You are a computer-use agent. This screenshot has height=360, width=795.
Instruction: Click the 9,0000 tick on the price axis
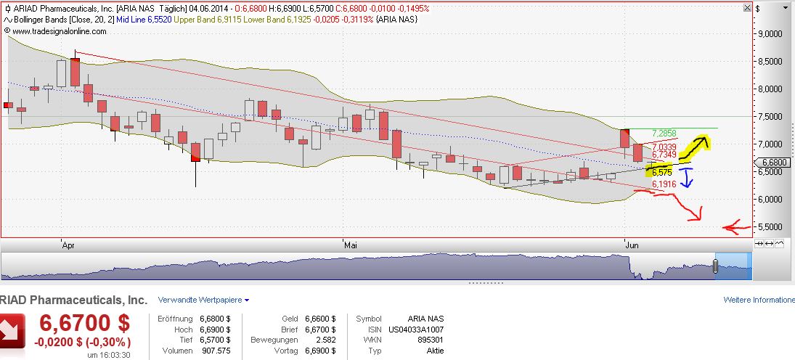tap(770, 33)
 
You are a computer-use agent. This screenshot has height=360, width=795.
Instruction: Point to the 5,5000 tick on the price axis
tap(770, 226)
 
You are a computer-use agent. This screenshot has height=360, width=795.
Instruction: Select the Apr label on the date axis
tap(68, 245)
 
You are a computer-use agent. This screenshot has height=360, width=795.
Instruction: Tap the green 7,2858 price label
tap(664, 134)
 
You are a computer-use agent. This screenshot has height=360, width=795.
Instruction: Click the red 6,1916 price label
tap(664, 185)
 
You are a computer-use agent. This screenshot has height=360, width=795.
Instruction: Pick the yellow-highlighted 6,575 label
tap(660, 173)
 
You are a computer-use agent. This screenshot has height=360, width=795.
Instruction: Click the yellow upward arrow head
tap(701, 140)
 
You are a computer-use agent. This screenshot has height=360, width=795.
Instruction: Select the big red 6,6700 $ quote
tap(84, 322)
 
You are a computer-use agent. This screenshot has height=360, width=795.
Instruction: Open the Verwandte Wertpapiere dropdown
tap(203, 300)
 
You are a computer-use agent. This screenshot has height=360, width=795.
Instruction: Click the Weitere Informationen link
tap(758, 300)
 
